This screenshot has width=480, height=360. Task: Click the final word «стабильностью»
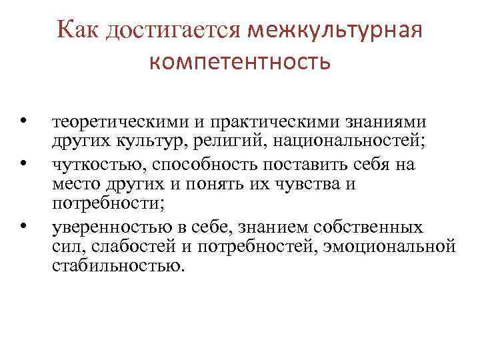[115, 266]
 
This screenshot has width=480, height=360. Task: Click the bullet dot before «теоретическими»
[23, 121]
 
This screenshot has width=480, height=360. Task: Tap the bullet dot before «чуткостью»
[23, 162]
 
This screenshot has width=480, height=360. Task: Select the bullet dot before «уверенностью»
[23, 227]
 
